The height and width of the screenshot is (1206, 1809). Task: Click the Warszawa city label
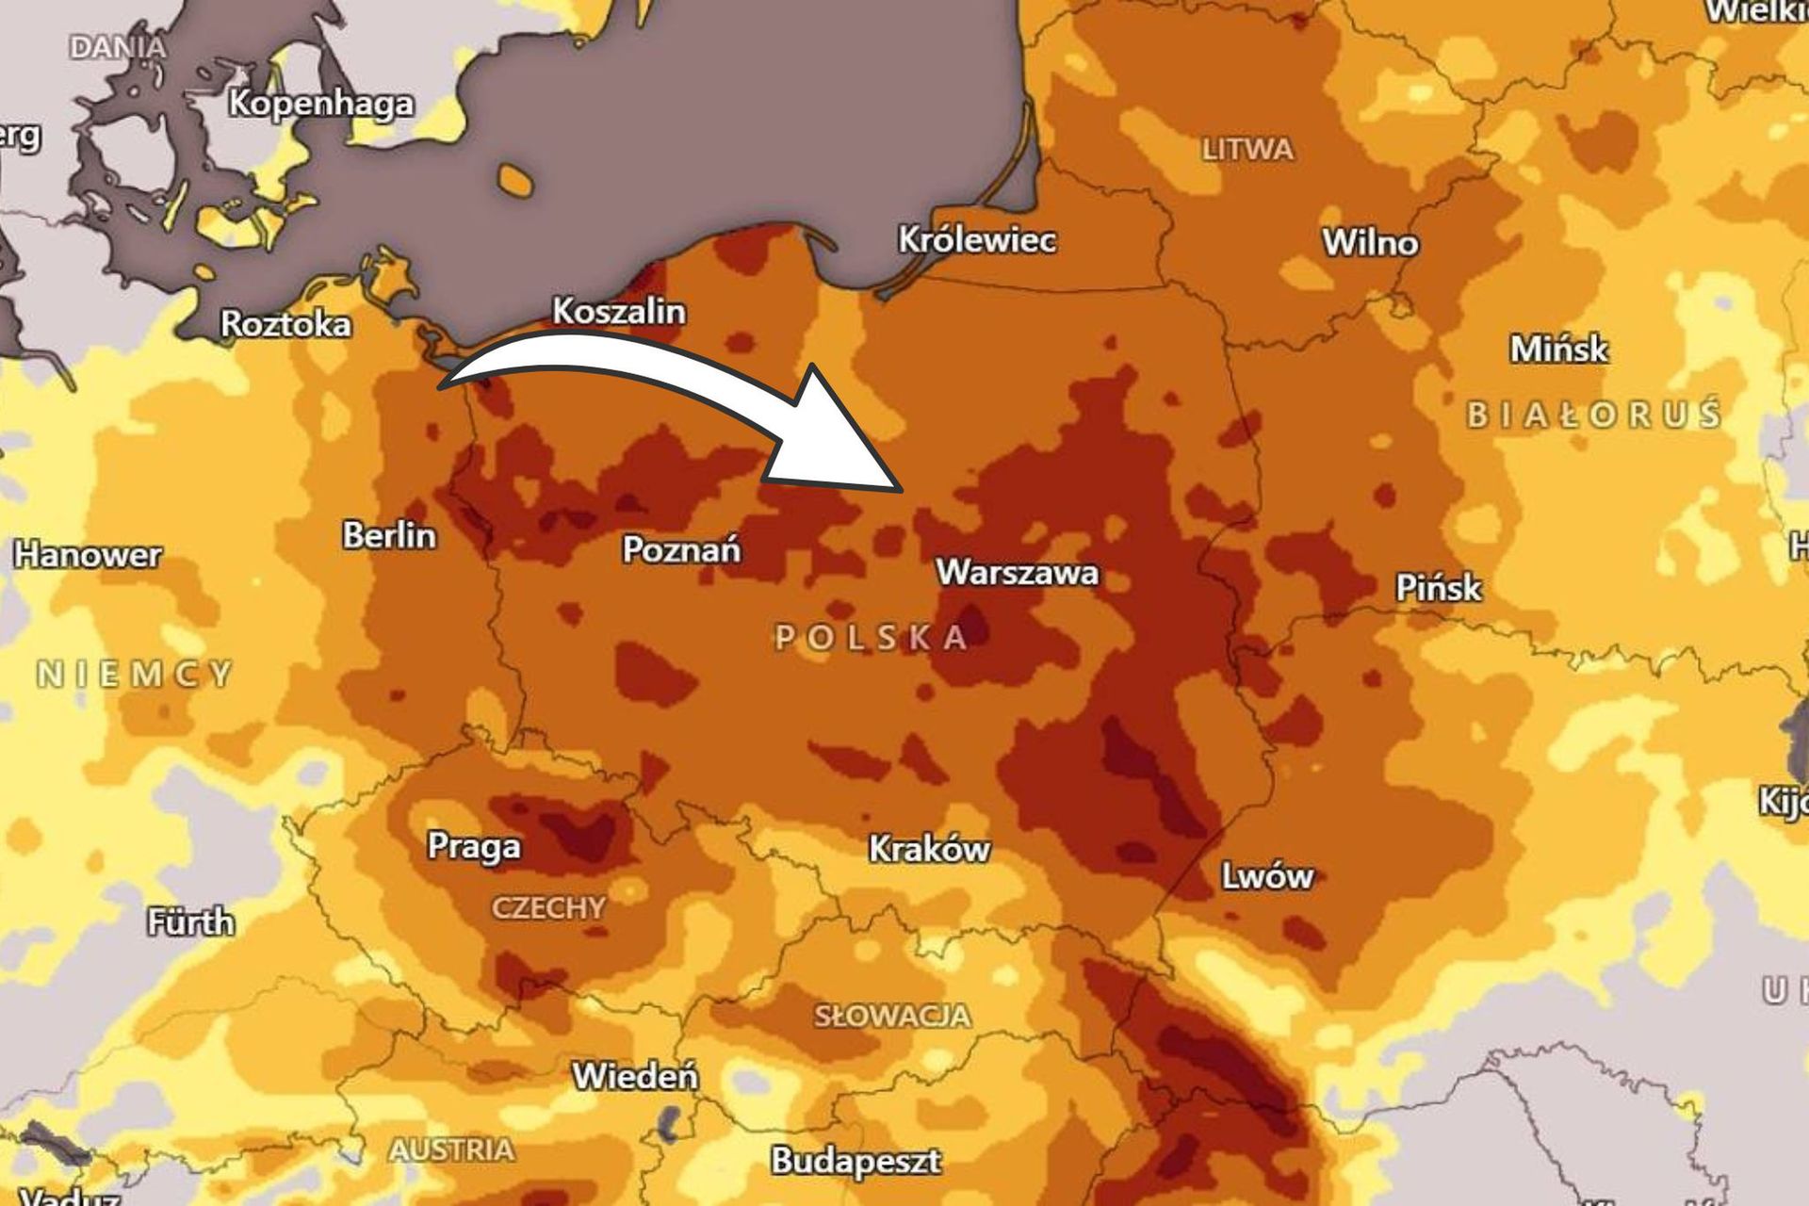1017,572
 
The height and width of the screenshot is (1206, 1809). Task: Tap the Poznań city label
681,548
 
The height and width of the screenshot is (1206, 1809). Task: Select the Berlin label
389,535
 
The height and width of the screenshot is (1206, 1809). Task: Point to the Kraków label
929,849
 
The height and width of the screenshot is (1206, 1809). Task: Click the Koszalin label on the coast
618,311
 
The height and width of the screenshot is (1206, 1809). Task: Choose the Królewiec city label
976,239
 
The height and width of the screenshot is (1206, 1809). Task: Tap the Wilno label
1370,243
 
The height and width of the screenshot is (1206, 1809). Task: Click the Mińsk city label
1558,350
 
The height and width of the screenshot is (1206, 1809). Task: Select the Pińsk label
1438,588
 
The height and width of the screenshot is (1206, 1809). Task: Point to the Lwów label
1266,876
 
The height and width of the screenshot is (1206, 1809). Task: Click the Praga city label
473,845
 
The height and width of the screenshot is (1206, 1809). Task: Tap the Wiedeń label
635,1075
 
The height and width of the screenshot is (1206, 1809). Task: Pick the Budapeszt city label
856,1160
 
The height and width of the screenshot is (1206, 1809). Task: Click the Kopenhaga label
320,103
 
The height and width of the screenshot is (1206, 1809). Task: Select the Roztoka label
285,324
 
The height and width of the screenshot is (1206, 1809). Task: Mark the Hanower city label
88,554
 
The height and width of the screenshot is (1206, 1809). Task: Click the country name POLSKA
872,638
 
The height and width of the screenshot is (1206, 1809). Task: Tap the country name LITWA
1247,150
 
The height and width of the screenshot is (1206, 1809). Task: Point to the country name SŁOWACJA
891,1016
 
